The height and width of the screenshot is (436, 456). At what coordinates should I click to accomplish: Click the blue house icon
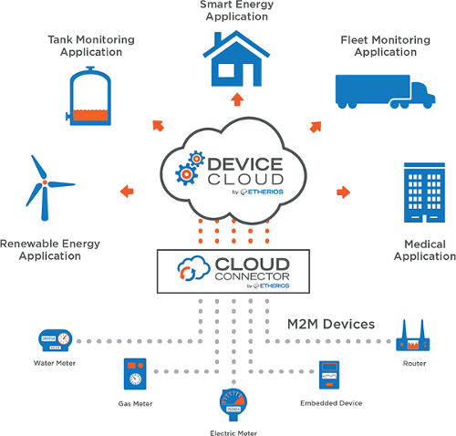click(x=236, y=59)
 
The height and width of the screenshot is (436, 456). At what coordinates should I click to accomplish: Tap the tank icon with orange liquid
click(x=89, y=97)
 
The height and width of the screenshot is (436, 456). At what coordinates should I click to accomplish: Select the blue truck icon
click(x=385, y=91)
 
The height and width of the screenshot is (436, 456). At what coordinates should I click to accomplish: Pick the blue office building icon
click(x=424, y=192)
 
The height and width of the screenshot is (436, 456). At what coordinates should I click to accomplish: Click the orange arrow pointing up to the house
click(x=237, y=99)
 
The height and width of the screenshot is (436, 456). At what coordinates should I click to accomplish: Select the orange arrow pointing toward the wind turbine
click(x=127, y=192)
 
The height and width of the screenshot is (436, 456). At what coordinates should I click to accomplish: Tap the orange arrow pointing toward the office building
click(x=344, y=192)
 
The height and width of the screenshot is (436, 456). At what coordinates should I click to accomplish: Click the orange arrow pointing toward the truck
click(x=316, y=127)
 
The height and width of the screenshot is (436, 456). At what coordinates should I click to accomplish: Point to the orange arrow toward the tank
click(x=158, y=125)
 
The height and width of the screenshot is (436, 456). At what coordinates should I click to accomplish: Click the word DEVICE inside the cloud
click(x=245, y=164)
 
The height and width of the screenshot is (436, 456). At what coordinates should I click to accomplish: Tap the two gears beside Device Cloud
click(x=190, y=168)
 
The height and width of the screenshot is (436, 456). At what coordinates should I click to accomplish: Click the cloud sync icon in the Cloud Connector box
click(x=193, y=268)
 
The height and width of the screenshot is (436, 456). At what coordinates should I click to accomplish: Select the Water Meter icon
click(x=55, y=340)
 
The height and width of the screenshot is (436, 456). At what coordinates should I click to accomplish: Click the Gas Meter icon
click(x=135, y=374)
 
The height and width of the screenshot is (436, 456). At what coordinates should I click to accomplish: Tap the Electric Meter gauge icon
click(x=233, y=404)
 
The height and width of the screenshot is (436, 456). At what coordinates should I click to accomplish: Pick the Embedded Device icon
click(x=329, y=375)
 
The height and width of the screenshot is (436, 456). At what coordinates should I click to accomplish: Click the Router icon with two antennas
click(x=413, y=336)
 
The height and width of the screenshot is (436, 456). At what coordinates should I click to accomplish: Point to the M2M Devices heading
click(x=331, y=324)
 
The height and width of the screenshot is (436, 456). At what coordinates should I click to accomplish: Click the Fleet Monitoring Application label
click(x=386, y=46)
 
